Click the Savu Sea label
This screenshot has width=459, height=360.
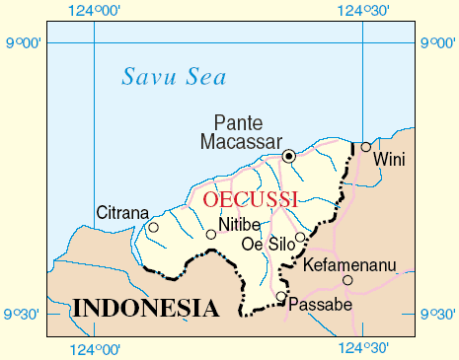click(174, 76)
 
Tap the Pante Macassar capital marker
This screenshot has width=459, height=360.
click(289, 156)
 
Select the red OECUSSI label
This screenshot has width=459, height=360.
click(250, 199)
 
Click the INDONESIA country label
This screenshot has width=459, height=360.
click(144, 308)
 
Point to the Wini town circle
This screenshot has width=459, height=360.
click(365, 147)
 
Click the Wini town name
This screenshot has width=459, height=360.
click(389, 160)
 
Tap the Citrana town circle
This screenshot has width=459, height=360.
click(153, 228)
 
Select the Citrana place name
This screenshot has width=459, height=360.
click(122, 212)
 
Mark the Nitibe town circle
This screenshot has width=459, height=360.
click(210, 234)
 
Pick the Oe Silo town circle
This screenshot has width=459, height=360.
click(300, 237)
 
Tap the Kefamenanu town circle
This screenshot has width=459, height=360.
click(347, 280)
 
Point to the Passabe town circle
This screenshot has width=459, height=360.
click(281, 296)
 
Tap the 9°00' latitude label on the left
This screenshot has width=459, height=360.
click(22, 43)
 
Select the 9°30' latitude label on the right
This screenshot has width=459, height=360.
click(438, 315)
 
